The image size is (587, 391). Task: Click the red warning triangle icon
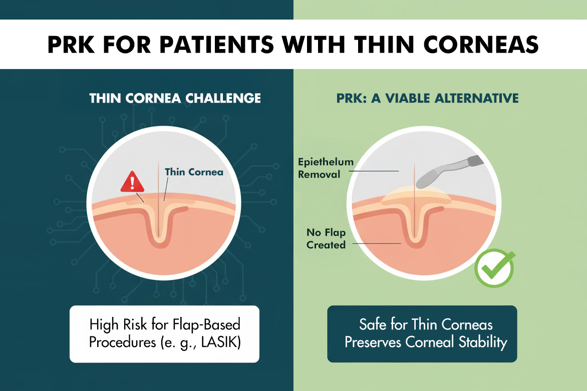(x=132, y=182)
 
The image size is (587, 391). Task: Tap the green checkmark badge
(x=495, y=268)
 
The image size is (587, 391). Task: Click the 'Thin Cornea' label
(x=194, y=172)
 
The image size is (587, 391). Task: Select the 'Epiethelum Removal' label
(x=326, y=168)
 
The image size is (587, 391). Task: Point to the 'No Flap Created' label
(x=326, y=238)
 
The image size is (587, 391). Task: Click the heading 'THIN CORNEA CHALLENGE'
(x=175, y=98)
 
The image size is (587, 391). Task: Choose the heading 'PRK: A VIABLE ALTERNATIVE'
(x=427, y=98)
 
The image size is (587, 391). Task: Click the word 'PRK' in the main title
(x=71, y=45)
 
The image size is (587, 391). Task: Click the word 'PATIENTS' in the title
(x=216, y=45)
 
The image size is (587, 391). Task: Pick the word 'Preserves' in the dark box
(x=373, y=342)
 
